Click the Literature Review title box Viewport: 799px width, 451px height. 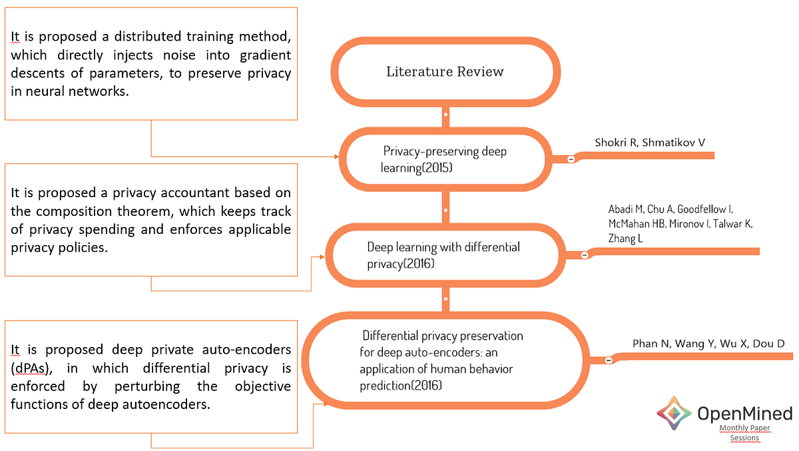445,72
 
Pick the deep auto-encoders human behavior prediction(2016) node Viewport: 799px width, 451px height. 441,360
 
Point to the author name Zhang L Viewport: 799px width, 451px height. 625,238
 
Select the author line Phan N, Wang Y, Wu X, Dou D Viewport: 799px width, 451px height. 708,344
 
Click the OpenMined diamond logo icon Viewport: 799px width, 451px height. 674,414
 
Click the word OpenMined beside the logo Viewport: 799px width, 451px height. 744,414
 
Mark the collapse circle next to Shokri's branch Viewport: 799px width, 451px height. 571,159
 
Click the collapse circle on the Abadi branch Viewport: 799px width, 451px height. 585,254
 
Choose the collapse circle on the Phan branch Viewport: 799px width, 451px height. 608,360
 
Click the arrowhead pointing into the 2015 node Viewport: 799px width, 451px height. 336,157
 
